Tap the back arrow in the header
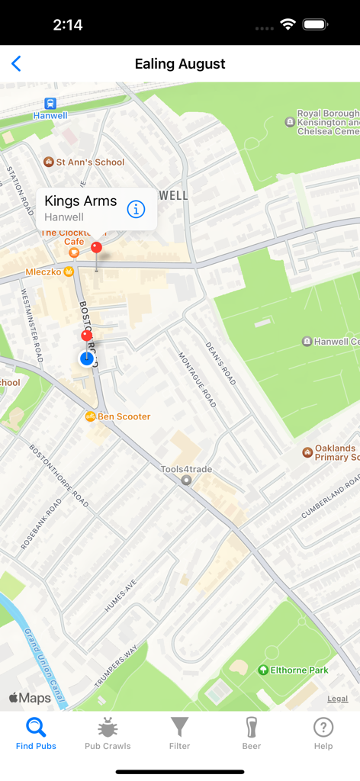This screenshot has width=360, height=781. click(16, 64)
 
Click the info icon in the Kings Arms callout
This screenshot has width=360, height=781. click(136, 209)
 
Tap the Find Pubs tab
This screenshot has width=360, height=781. click(36, 734)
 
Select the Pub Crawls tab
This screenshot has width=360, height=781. click(108, 734)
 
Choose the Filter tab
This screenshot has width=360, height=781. click(179, 734)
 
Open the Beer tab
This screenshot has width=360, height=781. click(252, 734)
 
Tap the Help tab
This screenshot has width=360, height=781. click(323, 734)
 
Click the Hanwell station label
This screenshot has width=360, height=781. click(50, 115)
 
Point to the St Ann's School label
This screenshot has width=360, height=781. click(84, 162)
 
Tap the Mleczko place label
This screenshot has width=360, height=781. click(43, 272)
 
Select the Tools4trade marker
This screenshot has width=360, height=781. click(186, 479)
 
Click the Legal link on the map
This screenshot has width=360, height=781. click(337, 699)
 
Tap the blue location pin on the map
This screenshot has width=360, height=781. click(86, 358)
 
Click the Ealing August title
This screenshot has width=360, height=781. click(180, 64)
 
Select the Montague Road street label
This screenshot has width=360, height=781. click(197, 379)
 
